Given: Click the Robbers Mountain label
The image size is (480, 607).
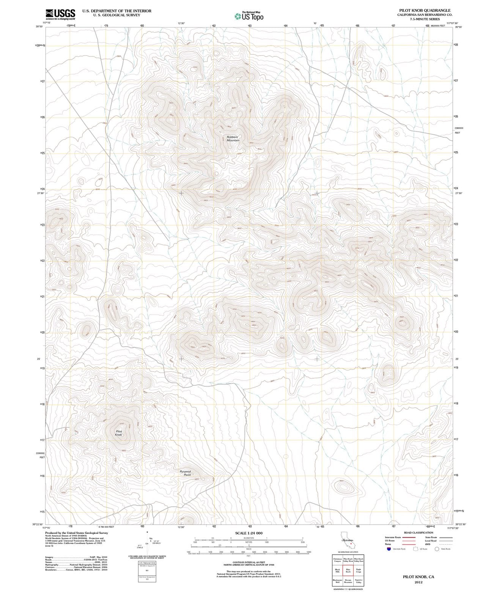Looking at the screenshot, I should [233, 139].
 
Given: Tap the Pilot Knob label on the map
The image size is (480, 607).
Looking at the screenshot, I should [119, 433].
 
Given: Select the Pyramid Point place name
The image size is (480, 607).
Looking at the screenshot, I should [185, 473].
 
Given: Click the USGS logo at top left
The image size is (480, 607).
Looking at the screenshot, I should [60, 14].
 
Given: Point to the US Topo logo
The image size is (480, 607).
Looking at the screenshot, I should [249, 16].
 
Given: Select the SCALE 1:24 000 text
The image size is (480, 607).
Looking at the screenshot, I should [249, 533].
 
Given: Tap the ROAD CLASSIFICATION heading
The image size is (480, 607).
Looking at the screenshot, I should [419, 533].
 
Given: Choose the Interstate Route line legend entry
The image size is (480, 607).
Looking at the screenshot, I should [400, 538].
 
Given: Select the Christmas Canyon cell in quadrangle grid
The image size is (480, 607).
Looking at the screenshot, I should [337, 560].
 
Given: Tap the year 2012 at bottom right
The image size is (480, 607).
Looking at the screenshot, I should [419, 582].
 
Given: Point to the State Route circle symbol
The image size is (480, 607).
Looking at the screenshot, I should [437, 549].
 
